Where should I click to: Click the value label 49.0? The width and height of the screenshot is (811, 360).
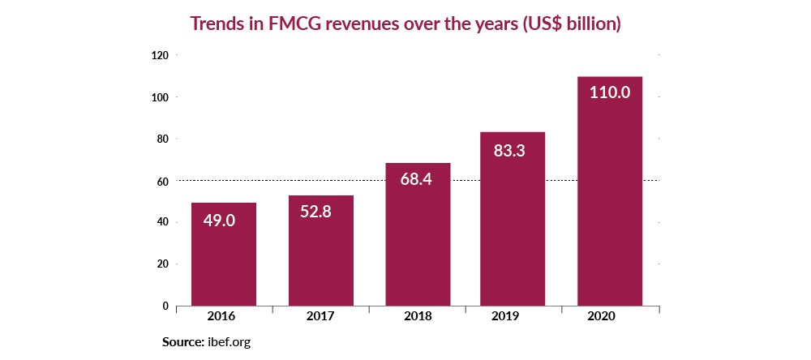pyautogui.click(x=219, y=220)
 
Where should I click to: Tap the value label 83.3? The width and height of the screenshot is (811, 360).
pyautogui.click(x=508, y=150)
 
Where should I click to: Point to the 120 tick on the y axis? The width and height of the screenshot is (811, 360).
pyautogui.click(x=159, y=55)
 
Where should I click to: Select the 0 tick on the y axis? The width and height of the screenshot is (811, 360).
pyautogui.click(x=165, y=306)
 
